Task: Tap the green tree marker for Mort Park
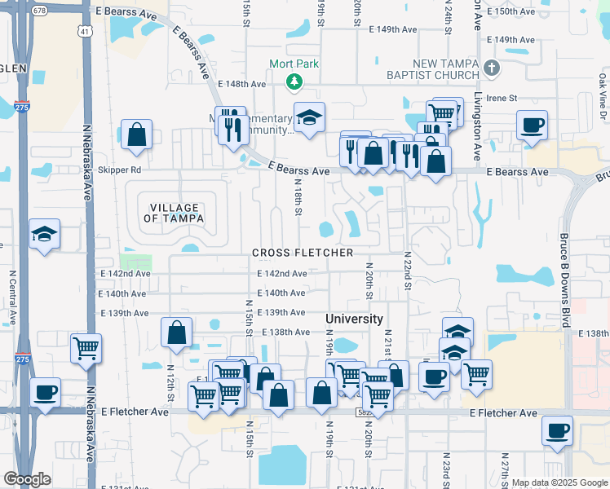tap(294, 81)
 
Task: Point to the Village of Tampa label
tap(171, 213)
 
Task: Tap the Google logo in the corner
tap(27, 479)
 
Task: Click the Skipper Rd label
tap(119, 170)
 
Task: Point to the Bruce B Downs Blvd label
tap(564, 269)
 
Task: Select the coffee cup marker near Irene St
tap(532, 126)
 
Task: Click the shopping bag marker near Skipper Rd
tap(136, 134)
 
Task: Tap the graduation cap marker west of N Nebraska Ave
tap(44, 235)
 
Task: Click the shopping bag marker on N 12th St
tap(176, 333)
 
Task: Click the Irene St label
tap(502, 98)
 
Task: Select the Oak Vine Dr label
tap(602, 90)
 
